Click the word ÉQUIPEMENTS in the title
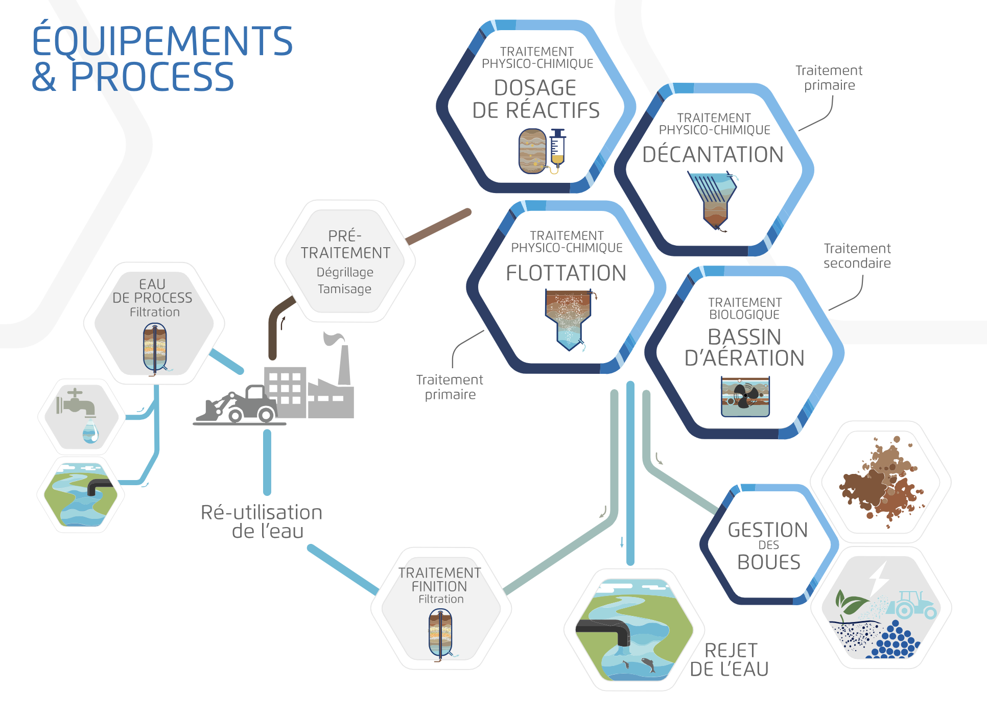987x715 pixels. coord(162,41)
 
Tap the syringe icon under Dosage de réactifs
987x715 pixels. coord(557,149)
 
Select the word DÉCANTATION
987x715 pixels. coord(713,155)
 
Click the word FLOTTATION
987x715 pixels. coord(566,273)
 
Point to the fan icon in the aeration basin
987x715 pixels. coord(745,395)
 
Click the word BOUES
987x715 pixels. coord(769,562)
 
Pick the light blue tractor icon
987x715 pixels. coord(912,606)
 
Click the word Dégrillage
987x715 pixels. coord(345,272)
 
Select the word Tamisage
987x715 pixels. coord(345,289)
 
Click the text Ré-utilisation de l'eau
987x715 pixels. coord(262,521)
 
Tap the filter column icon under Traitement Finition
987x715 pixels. coord(440,634)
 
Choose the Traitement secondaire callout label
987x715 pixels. coord(857,256)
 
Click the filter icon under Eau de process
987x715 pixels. coord(155,349)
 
